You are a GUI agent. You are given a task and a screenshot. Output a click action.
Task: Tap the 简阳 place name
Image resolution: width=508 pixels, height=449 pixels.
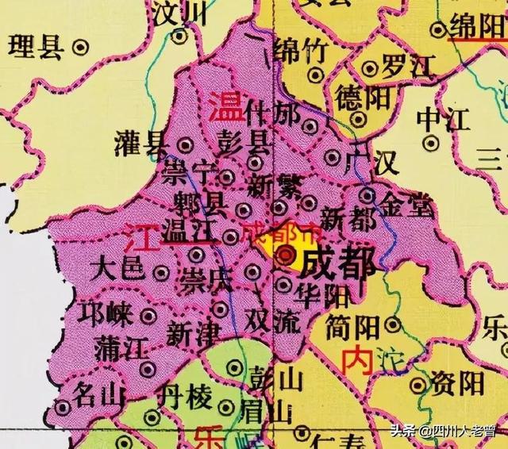[x=352, y=325]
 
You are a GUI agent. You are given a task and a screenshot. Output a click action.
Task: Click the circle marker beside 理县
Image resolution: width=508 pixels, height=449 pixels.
[x=79, y=48]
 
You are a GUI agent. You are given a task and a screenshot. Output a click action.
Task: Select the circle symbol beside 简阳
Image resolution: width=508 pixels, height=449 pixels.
[x=392, y=324]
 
